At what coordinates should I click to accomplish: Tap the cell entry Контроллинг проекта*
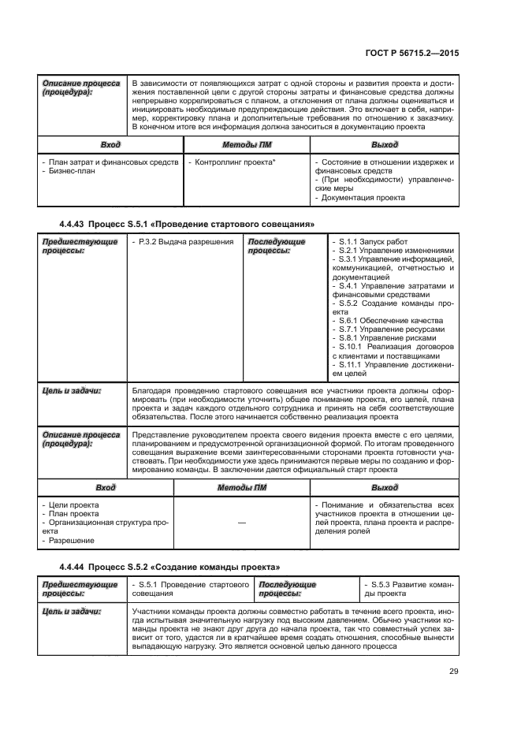(234, 162)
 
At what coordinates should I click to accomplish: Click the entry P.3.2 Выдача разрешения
(183, 241)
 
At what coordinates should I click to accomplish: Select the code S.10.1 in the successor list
(348, 347)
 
